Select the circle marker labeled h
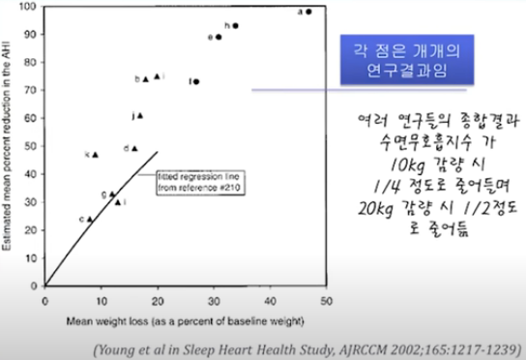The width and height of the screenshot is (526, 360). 235,25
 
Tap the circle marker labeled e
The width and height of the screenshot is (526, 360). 219,37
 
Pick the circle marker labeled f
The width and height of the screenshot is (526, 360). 196,81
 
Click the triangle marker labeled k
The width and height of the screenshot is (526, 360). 95,154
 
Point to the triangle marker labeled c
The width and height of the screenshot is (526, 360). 90,219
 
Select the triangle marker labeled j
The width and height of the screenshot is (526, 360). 139,115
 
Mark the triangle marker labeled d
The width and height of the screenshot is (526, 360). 134,148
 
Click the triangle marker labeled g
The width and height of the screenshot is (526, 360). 112,194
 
